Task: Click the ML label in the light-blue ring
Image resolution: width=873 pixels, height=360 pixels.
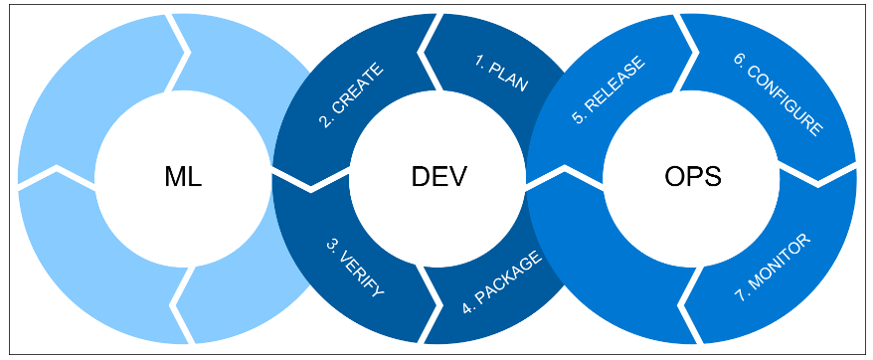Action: click(x=182, y=178)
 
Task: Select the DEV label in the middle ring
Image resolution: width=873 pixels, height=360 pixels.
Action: click(x=437, y=178)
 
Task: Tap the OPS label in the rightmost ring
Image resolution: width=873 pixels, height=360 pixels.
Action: click(x=692, y=178)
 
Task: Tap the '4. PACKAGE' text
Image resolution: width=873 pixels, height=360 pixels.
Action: click(x=502, y=284)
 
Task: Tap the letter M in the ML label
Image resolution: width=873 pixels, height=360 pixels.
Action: click(x=174, y=178)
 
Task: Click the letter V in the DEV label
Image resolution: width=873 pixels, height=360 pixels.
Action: click(x=457, y=178)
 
